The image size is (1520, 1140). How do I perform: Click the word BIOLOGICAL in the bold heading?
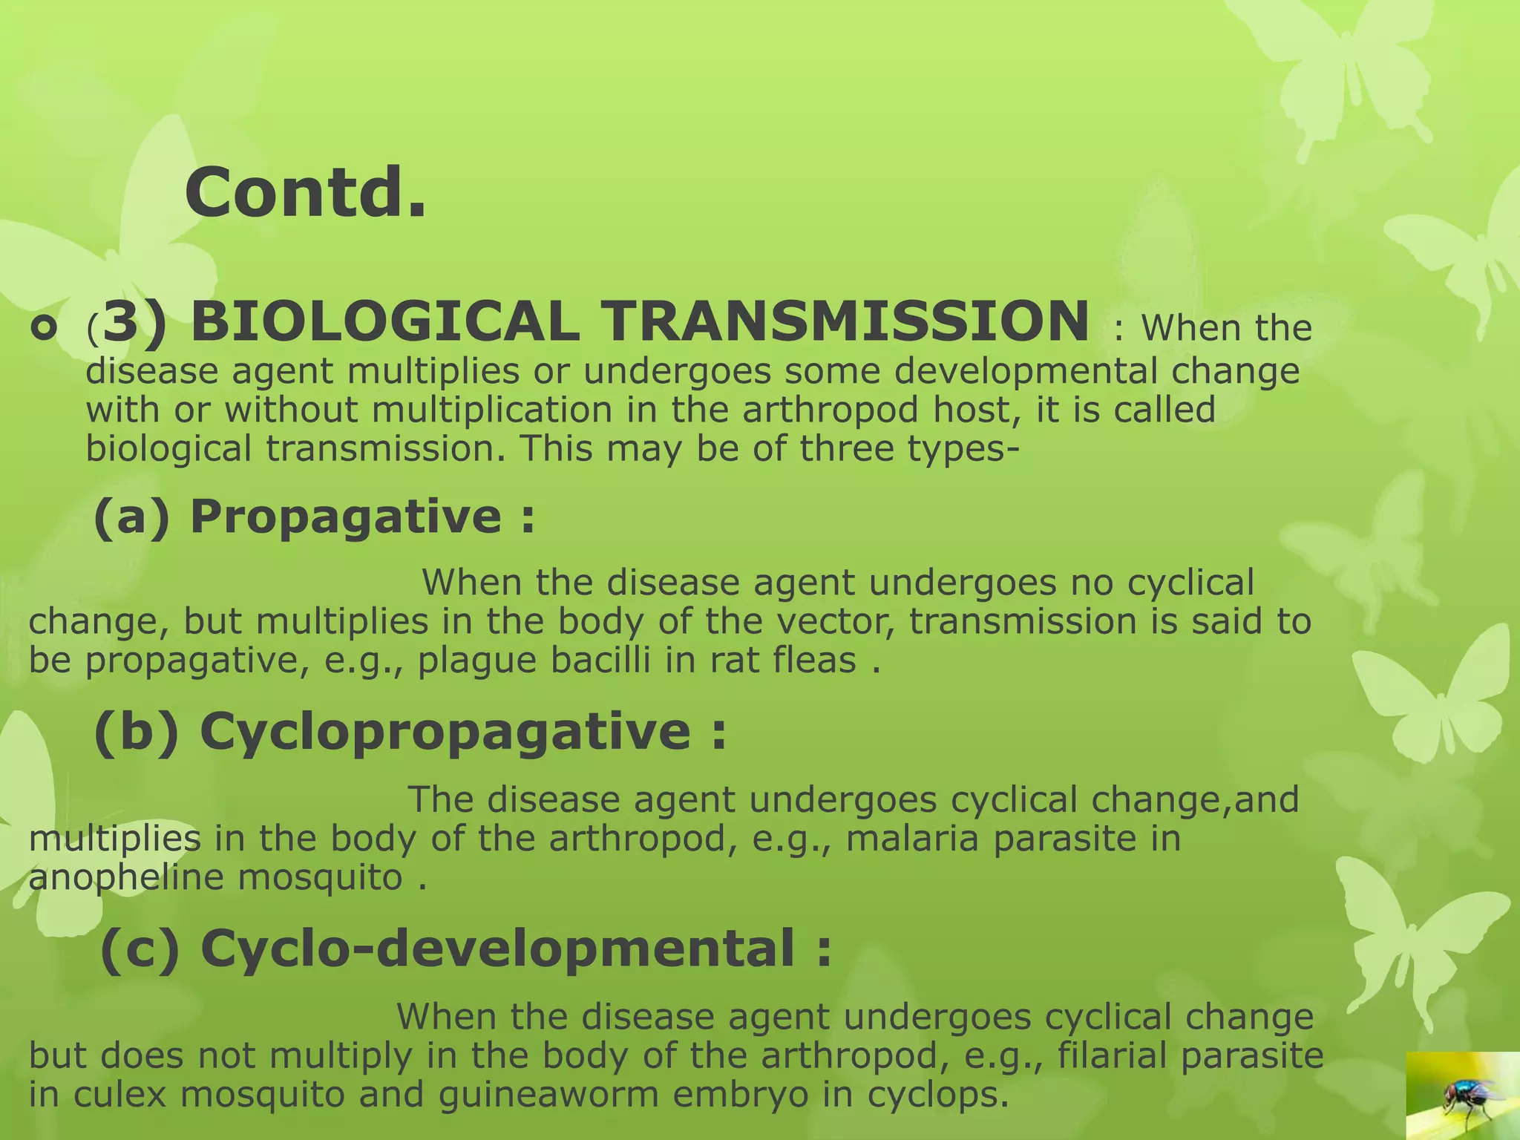(385, 322)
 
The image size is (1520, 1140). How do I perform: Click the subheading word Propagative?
(346, 516)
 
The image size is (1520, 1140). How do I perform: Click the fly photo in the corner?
(1462, 1095)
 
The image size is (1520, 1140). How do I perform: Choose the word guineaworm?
(548, 1094)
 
